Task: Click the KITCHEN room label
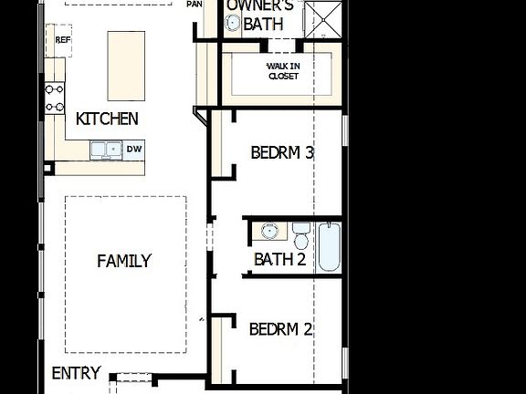coord(107,119)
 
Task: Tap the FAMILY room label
coord(124,261)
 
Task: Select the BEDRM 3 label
coord(282,152)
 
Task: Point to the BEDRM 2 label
coord(280,328)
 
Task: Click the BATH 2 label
coord(279,260)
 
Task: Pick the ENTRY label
coord(76,374)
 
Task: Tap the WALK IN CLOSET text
coord(283,71)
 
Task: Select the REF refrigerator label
coord(62,40)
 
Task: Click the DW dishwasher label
coord(134,149)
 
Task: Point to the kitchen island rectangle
coord(126,66)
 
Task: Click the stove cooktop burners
coord(55,98)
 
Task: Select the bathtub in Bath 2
coord(329,245)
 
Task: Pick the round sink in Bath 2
coord(269,231)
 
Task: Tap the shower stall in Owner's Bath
coord(321,18)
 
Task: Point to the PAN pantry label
coord(194,5)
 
